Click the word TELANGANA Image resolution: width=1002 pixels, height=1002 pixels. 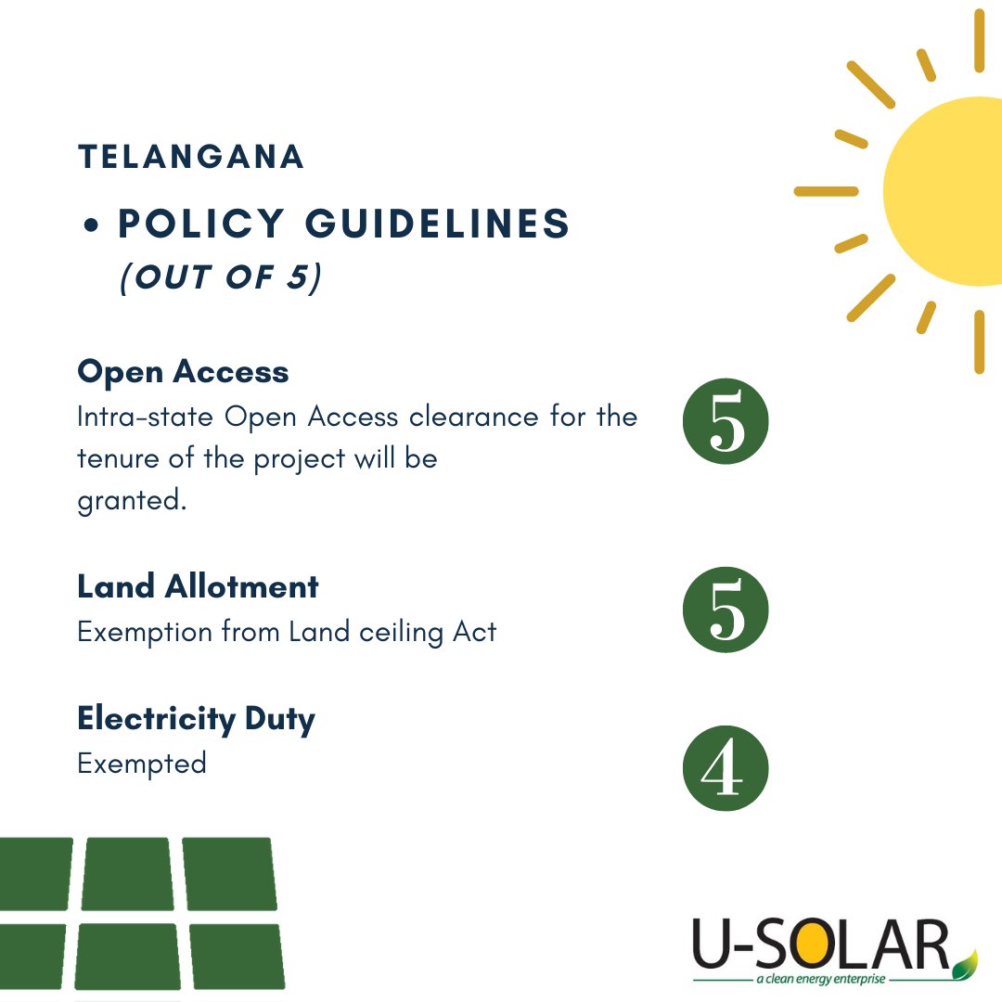pos(191,157)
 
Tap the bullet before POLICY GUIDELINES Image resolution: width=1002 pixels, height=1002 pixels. pos(91,226)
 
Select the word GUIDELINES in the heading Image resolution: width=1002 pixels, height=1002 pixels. pos(437,225)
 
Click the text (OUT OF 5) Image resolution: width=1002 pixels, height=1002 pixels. pos(221,277)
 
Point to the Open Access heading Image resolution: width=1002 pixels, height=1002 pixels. pos(183,372)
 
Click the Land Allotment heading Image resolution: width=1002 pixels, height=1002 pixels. pos(198,586)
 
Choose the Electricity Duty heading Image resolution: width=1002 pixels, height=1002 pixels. pos(196,719)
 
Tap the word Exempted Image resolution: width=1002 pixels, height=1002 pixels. pos(142,764)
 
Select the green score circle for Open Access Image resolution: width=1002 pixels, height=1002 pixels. pos(726,423)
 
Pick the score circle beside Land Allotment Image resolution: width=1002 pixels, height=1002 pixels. pos(726,610)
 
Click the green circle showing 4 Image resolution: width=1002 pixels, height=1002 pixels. pos(726,768)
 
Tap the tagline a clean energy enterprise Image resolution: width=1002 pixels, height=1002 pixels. pos(820,980)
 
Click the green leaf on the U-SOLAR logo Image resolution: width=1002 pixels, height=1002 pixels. pos(967,961)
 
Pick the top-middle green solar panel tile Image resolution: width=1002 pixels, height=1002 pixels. pos(127,873)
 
